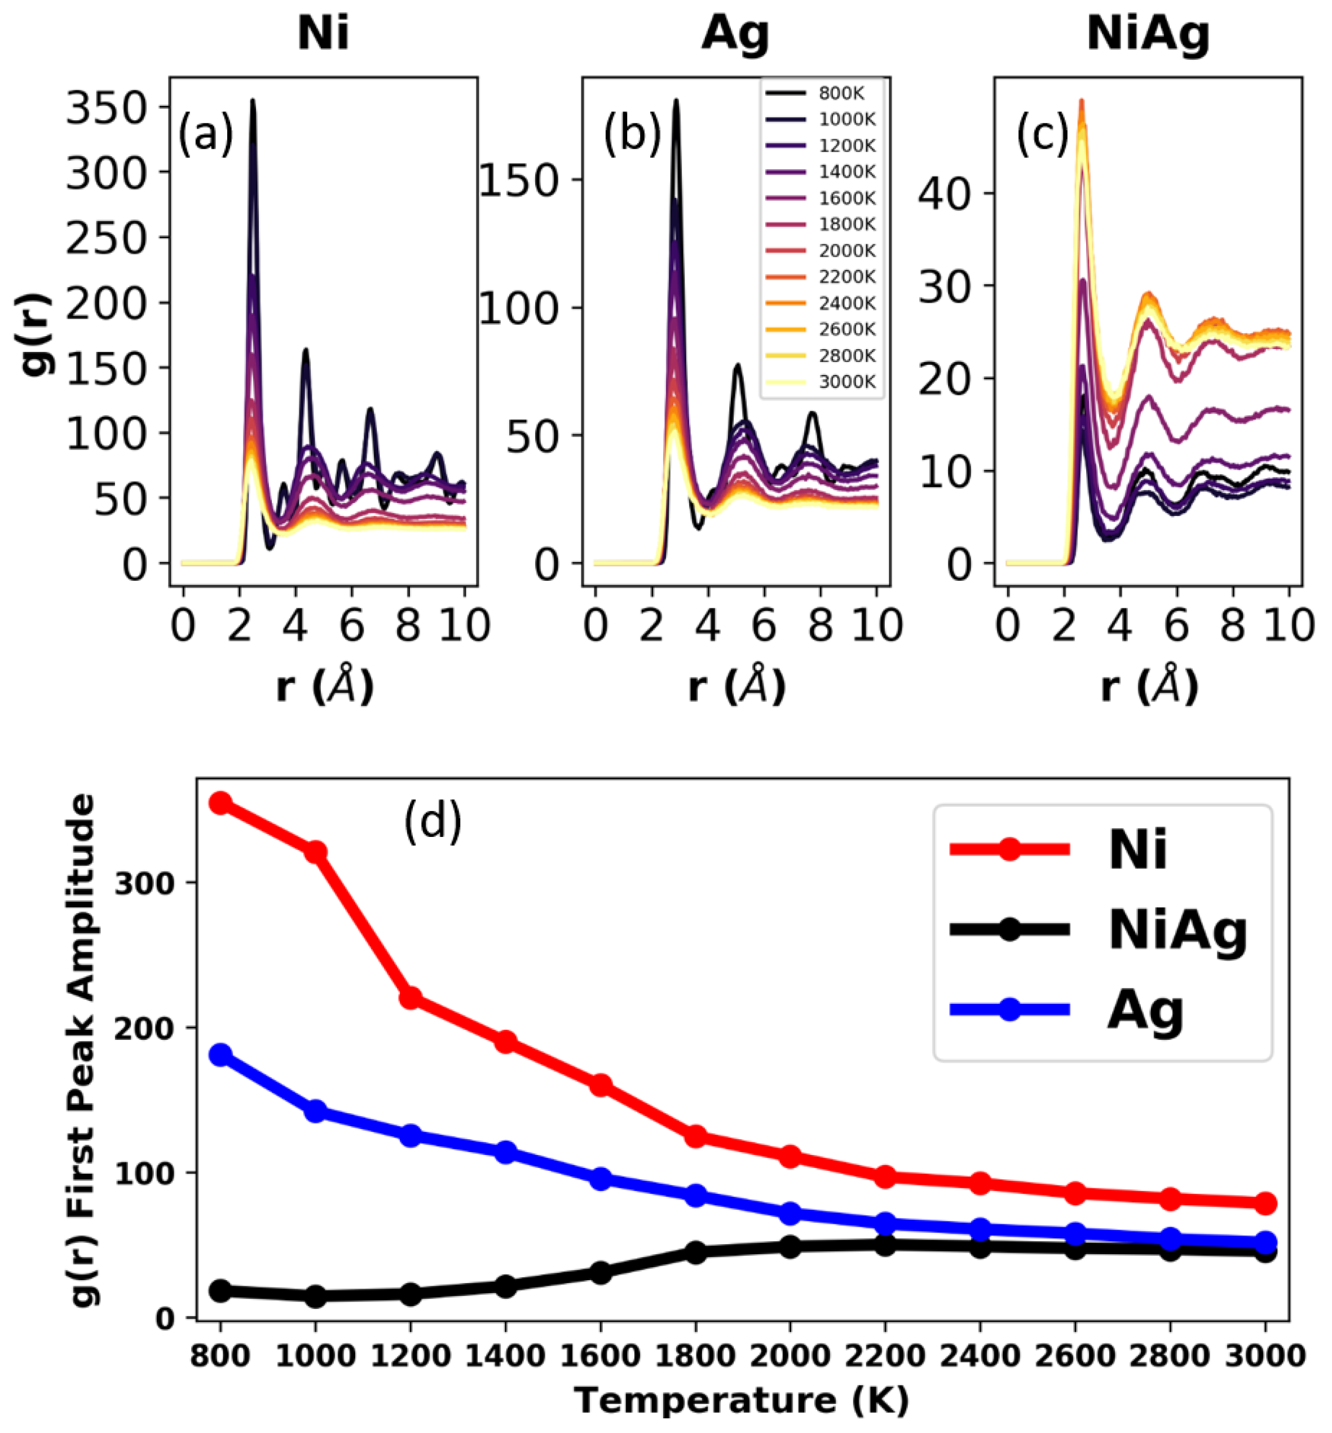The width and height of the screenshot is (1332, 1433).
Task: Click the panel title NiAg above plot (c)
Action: pos(1148,34)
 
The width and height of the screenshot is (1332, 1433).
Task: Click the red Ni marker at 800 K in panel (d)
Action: pos(220,803)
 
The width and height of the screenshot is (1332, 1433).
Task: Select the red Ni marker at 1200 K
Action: pos(410,998)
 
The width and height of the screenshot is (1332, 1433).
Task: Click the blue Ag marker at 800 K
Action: pos(220,1055)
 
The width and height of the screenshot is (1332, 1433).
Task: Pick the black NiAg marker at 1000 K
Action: pos(315,1296)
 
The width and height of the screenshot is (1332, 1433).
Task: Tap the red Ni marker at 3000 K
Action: pos(1265,1203)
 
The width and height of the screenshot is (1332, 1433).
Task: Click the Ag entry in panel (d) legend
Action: pos(1146,1011)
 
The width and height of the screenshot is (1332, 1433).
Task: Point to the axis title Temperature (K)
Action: pos(742,1400)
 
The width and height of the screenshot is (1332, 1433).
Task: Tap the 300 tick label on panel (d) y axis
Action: pos(144,883)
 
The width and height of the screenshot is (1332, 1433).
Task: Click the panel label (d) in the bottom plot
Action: pos(432,822)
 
